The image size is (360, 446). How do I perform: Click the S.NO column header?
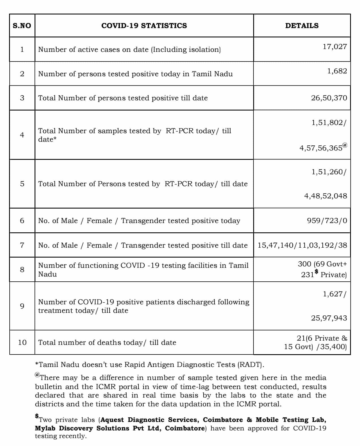click(22, 26)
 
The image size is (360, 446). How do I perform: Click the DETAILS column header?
click(302, 26)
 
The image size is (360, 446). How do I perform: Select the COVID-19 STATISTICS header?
click(144, 26)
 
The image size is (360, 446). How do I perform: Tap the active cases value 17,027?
click(335, 47)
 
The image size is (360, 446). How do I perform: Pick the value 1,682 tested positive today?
click(337, 71)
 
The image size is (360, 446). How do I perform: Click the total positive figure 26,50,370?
click(329, 98)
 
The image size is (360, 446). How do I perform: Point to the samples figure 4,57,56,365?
click(321, 148)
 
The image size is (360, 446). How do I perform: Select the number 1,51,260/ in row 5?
click(329, 172)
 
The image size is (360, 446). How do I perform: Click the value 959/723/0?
click(327, 221)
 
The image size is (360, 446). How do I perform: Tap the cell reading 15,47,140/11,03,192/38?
click(302, 245)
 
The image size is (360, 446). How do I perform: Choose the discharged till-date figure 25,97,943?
click(329, 318)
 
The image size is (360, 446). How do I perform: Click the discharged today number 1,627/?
click(334, 294)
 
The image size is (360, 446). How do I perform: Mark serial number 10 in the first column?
click(22, 342)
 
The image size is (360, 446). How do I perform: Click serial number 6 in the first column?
click(22, 221)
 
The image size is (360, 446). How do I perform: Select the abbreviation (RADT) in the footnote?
click(250, 364)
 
